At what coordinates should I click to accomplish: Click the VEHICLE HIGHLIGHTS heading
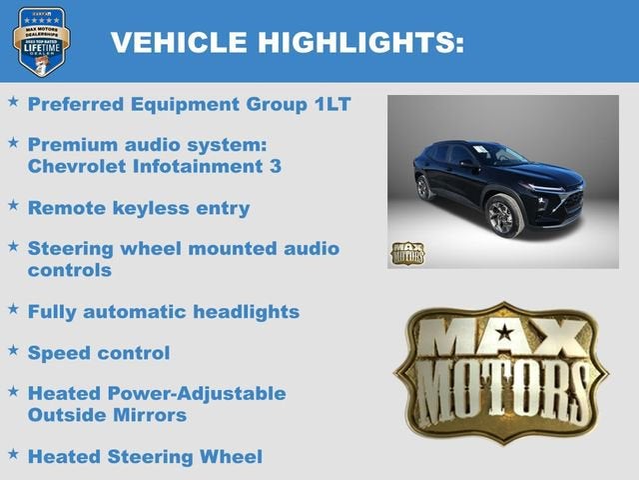click(287, 41)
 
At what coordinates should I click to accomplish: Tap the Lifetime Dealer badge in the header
click(41, 41)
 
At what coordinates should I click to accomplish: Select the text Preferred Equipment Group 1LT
click(189, 104)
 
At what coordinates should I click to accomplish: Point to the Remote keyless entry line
click(138, 208)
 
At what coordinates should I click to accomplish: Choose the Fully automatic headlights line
click(163, 312)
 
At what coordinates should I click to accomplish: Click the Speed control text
click(99, 353)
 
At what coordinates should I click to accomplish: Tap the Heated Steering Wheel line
click(145, 457)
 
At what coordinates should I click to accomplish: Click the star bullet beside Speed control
click(13, 351)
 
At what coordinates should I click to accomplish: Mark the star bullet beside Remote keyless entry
click(13, 206)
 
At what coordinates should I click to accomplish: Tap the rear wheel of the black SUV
click(424, 187)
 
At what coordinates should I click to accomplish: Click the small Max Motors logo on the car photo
click(406, 253)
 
